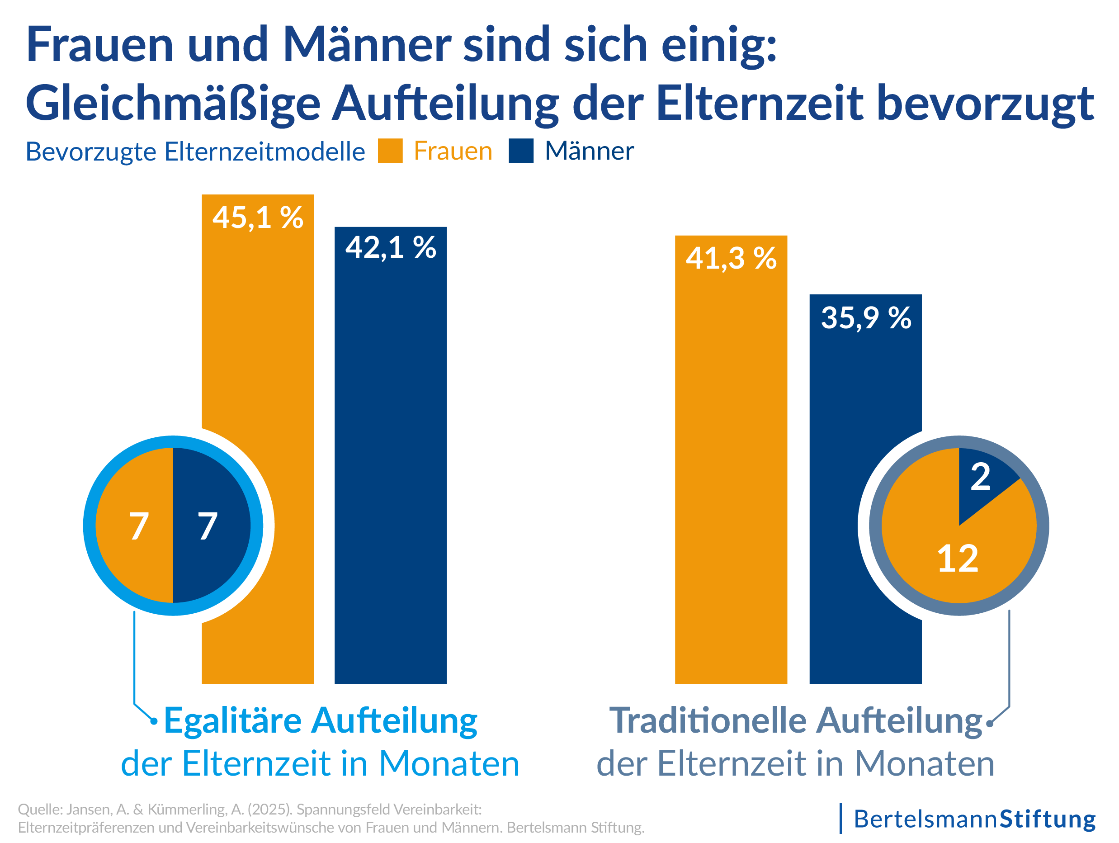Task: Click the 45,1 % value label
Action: point(258,218)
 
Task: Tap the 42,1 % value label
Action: point(391,248)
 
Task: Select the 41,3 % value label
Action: point(731,259)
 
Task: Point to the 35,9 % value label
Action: point(865,318)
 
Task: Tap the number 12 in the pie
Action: point(957,559)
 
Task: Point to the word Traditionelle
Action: point(708,720)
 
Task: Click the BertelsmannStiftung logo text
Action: point(974,819)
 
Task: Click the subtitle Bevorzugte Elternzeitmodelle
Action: point(195,152)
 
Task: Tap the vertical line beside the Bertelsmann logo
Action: point(841,818)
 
